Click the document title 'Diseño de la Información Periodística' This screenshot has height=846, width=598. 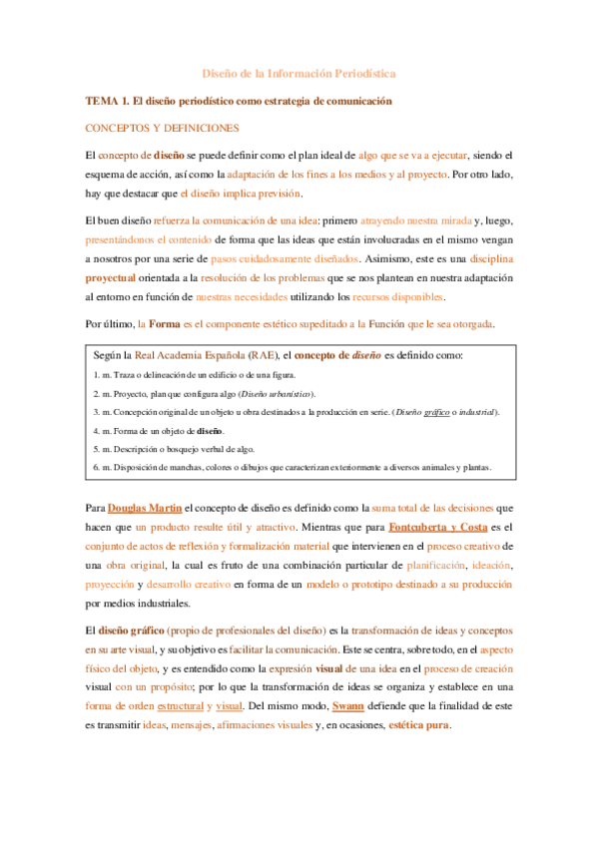coord(299,74)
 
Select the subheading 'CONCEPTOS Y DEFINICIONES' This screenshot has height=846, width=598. coord(162,129)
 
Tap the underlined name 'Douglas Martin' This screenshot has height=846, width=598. coord(144,508)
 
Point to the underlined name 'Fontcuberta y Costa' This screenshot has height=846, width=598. coord(437,527)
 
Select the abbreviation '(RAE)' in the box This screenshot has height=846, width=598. coord(265,356)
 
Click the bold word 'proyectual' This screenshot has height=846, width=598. coord(114,278)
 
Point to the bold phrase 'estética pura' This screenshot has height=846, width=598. coord(418,725)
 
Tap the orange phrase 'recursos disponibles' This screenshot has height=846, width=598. coord(396,297)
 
